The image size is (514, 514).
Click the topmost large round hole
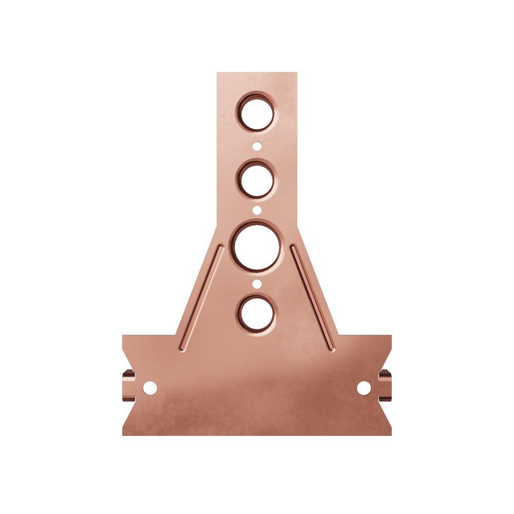256,112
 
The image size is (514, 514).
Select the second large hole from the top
256,179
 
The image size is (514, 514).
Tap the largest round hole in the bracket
256,246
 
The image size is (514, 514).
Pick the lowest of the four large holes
256,313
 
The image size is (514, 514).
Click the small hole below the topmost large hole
256,146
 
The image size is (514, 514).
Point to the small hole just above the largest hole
256,210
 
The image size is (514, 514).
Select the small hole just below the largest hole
256,284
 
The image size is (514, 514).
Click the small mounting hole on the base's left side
150,388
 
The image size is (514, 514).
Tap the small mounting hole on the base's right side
364,388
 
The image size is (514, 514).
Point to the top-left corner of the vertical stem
217,73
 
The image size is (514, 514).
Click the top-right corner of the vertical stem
297,73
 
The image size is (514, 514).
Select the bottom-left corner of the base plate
123,435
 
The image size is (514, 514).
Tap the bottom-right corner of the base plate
391,435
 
